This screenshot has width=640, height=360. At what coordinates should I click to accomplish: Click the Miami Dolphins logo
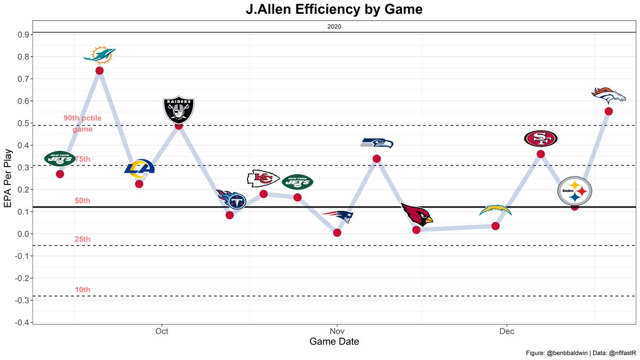point(100,55)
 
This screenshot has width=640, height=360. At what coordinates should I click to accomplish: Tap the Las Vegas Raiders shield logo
point(179,109)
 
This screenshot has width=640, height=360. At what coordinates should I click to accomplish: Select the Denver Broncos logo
point(609,95)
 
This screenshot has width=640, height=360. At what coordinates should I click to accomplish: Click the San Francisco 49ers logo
point(540,139)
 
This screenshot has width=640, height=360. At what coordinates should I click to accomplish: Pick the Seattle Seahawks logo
point(377,143)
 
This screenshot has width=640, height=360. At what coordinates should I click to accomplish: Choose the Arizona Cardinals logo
point(417,214)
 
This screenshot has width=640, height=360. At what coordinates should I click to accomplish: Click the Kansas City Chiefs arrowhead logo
point(263,178)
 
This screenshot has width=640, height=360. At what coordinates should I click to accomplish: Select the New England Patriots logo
point(337,217)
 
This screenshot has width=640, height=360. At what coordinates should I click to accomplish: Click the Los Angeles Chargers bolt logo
point(495,210)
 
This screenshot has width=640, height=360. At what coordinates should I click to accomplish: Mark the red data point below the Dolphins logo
point(100,70)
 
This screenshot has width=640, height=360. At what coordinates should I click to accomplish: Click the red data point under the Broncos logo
point(609,111)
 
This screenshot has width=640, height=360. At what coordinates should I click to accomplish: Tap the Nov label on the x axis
point(337,331)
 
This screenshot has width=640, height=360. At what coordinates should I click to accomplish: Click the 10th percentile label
point(83,290)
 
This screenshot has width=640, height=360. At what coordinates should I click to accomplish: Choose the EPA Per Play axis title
point(7,177)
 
